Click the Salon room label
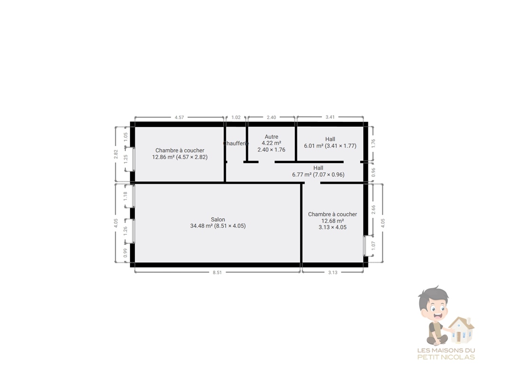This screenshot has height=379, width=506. click(x=218, y=220)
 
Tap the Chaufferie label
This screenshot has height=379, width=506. click(x=236, y=143)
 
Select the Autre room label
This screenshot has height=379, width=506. click(x=272, y=137)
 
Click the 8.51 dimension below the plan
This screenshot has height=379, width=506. click(x=217, y=272)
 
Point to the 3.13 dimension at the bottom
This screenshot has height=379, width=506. click(x=333, y=272)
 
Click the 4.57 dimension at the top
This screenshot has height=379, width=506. click(x=179, y=117)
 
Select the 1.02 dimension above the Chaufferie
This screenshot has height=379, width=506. click(x=236, y=117)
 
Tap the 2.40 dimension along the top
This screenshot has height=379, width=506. click(x=272, y=117)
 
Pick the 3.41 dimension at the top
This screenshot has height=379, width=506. click(x=330, y=117)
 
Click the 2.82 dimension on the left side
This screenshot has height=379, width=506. click(x=116, y=154)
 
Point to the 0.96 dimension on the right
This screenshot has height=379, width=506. click(x=374, y=172)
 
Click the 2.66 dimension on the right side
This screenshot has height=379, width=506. click(x=374, y=209)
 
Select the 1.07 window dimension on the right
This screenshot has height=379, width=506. click(x=374, y=246)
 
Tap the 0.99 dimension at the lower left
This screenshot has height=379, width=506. click(x=125, y=253)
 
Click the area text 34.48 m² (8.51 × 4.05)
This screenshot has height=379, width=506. click(x=218, y=226)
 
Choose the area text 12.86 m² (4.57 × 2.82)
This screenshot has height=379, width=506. click(x=180, y=157)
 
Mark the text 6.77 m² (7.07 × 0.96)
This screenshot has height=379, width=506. click(x=318, y=174)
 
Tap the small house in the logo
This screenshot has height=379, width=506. click(x=461, y=330)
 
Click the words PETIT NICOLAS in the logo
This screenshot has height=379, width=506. click(x=446, y=357)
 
